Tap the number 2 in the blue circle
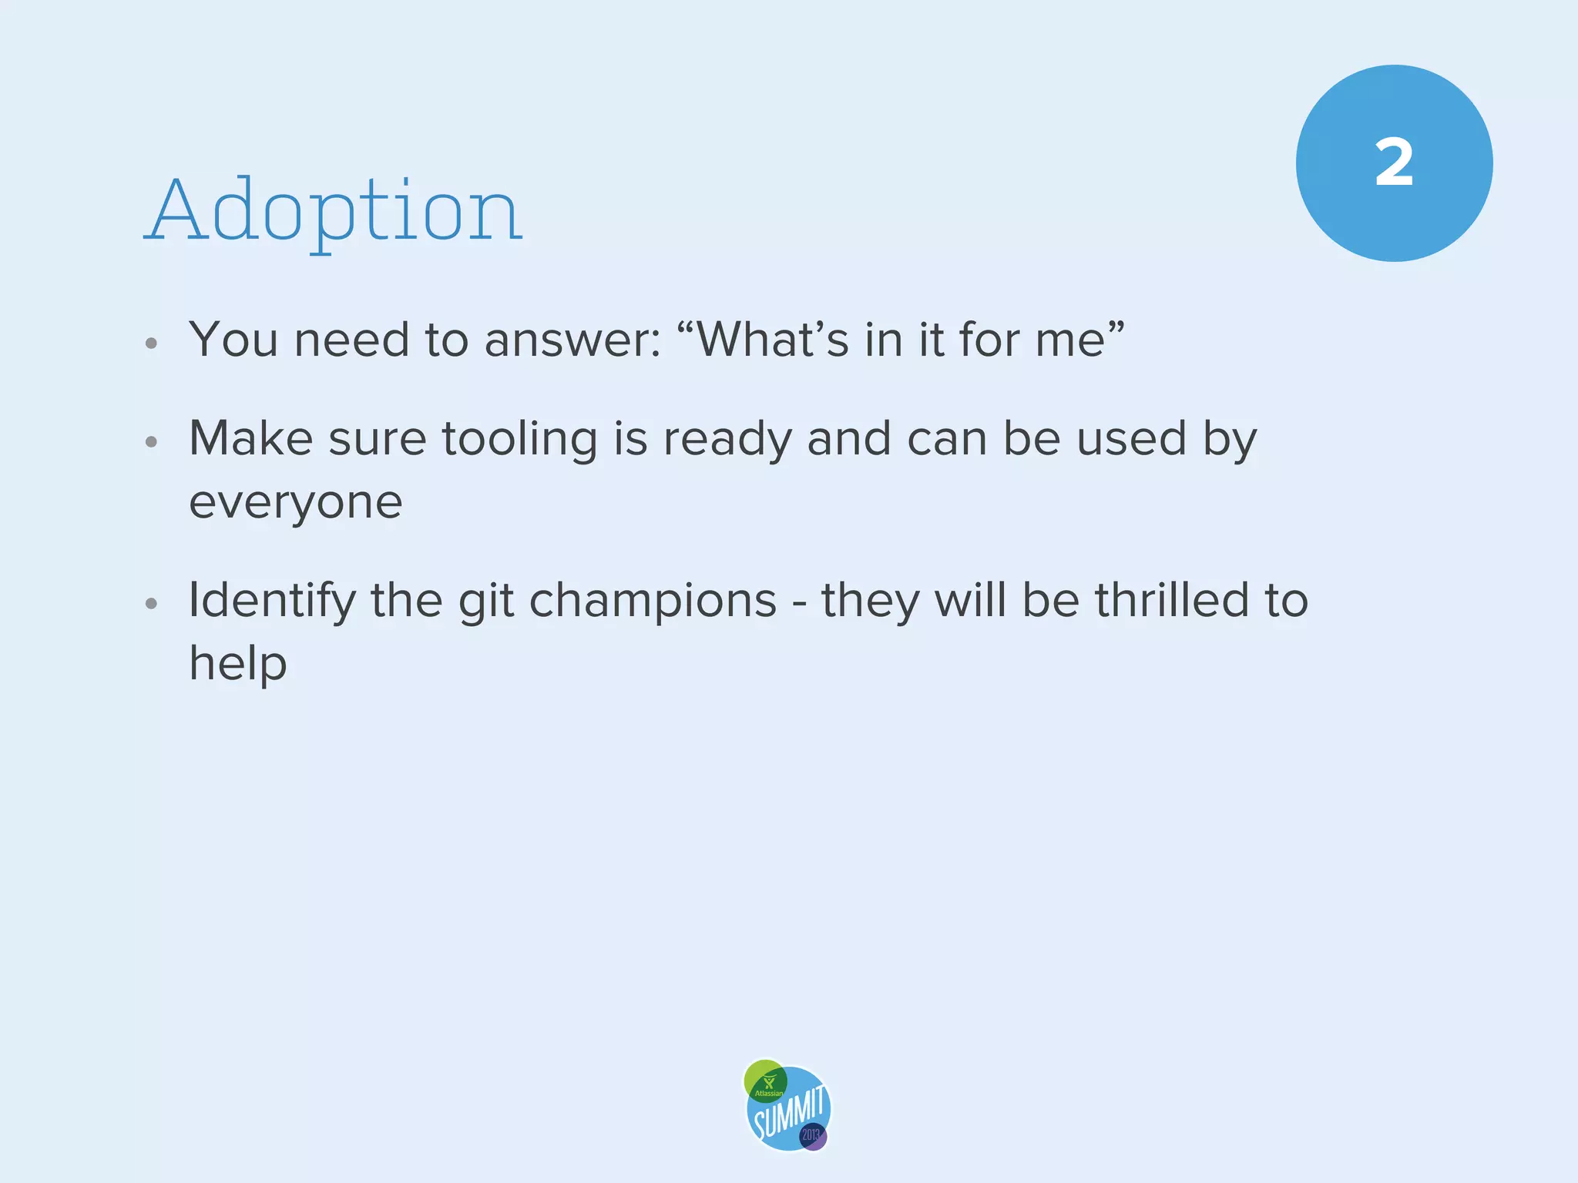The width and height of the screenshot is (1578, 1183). tap(1394, 163)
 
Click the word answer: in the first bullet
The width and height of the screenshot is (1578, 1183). tap(572, 340)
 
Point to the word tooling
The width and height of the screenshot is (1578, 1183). tap(519, 439)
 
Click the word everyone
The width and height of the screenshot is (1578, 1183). tap(295, 503)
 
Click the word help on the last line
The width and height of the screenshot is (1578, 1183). tap(238, 663)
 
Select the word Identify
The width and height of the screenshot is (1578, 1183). tap(272, 602)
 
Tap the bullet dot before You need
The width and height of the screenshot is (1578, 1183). tap(152, 343)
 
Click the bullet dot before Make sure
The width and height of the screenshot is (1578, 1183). tap(152, 442)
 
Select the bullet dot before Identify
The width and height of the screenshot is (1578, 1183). tap(152, 603)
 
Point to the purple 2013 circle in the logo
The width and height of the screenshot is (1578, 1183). tap(812, 1135)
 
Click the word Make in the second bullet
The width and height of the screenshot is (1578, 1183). tap(250, 439)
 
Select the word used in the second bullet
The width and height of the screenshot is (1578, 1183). tap(1131, 439)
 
